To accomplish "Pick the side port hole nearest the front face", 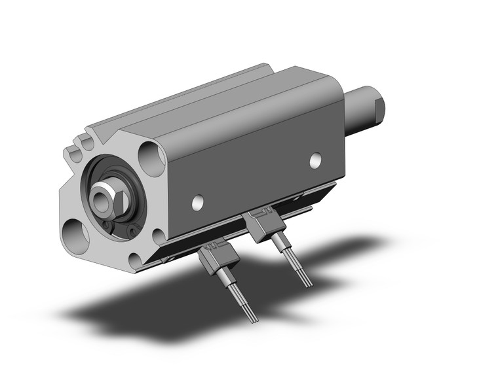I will tap(197, 203).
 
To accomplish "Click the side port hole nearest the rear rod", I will tap(316, 159).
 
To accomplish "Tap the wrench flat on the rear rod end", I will tap(379, 110).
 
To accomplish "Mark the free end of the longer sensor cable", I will tap(254, 319).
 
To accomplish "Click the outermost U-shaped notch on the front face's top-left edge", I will tap(73, 155).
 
